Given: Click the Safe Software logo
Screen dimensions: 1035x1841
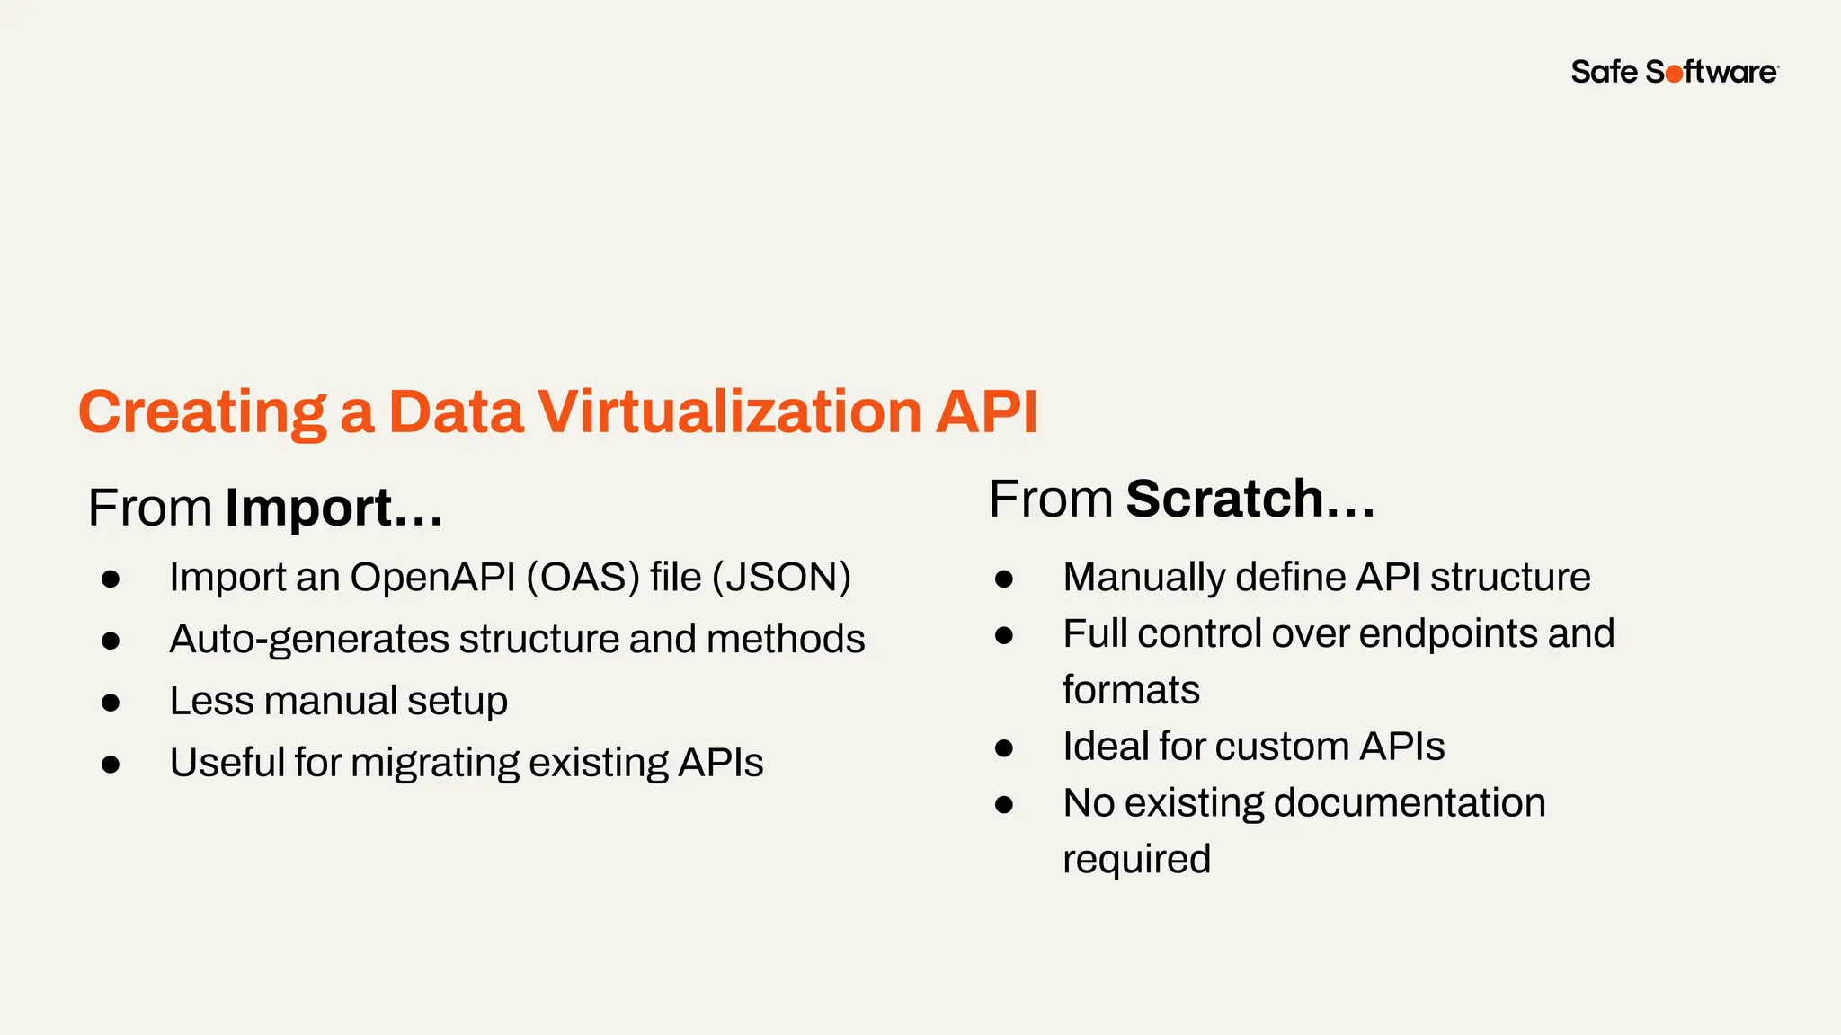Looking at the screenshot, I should coord(1674,72).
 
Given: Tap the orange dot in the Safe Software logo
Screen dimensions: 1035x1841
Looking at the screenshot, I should coord(1674,75).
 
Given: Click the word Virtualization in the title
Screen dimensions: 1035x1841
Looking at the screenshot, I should coord(729,412).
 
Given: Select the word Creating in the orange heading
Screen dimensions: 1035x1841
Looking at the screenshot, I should coord(202,413).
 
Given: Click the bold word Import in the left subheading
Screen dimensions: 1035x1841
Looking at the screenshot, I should coord(308,509).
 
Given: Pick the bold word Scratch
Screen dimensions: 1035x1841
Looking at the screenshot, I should coord(1224,500).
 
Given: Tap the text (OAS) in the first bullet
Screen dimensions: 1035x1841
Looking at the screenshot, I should coord(583,578).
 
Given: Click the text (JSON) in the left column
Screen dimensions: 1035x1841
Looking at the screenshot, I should coord(781,578).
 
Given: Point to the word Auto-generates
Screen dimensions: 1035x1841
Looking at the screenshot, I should coord(309,640).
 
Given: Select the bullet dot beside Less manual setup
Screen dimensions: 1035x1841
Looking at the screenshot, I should coord(111,703).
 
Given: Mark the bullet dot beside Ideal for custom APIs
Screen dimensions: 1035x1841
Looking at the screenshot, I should coord(1004,748).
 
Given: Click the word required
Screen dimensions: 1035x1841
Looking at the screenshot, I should coord(1136,860).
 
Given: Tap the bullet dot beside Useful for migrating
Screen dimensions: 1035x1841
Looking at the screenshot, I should coord(111,765).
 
